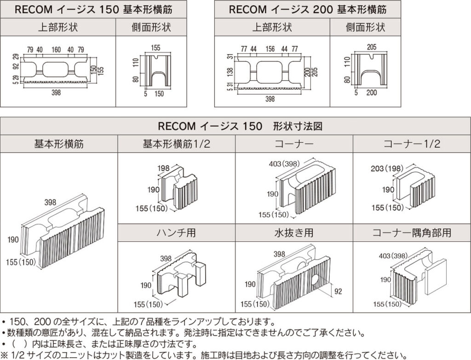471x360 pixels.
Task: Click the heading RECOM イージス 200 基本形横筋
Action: pyautogui.click(x=307, y=9)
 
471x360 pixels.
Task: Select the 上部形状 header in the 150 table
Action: pyautogui.click(x=58, y=27)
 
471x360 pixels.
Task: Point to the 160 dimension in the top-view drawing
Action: pyautogui.click(x=56, y=50)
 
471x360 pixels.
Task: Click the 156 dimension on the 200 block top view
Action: pyautogui.click(x=270, y=49)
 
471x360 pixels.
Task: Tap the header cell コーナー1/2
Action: pyautogui.click(x=412, y=144)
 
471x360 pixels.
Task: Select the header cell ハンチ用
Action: pyautogui.click(x=177, y=232)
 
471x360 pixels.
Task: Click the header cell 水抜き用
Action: pyautogui.click(x=294, y=232)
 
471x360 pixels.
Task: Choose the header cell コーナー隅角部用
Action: pyautogui.click(x=412, y=232)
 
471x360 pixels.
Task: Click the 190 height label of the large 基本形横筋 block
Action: pyautogui.click(x=13, y=239)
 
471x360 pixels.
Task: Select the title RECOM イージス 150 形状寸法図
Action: pyautogui.click(x=235, y=125)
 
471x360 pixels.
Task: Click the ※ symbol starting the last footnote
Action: pyautogui.click(x=5, y=355)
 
